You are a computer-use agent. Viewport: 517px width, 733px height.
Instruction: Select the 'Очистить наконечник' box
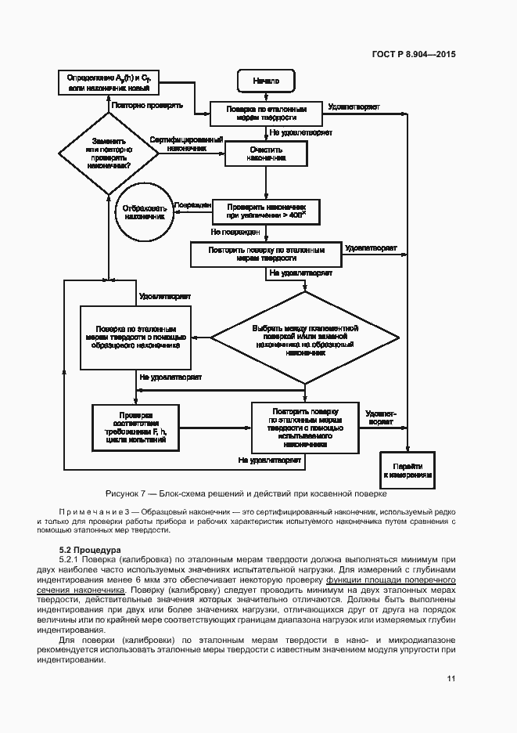(266, 153)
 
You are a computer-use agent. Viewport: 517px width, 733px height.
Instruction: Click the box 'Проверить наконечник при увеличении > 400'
(266, 209)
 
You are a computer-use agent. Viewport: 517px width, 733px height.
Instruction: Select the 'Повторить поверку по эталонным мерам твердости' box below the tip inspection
(266, 254)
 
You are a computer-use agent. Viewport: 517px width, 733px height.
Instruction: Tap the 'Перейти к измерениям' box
(407, 470)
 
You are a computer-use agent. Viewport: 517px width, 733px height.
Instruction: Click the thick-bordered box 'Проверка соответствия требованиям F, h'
(135, 427)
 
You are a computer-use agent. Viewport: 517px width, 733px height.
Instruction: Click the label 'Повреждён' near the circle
(193, 204)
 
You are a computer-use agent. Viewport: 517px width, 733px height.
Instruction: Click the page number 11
(451, 678)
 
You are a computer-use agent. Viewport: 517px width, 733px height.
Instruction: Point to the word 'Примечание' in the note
(90, 511)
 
